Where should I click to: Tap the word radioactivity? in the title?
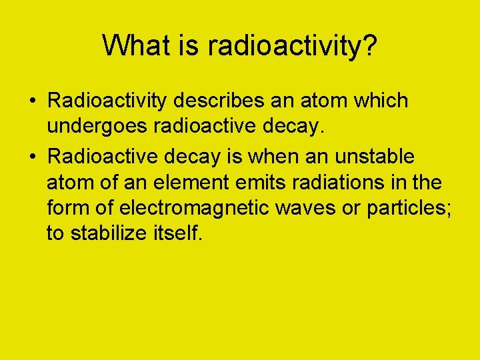(293, 45)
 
